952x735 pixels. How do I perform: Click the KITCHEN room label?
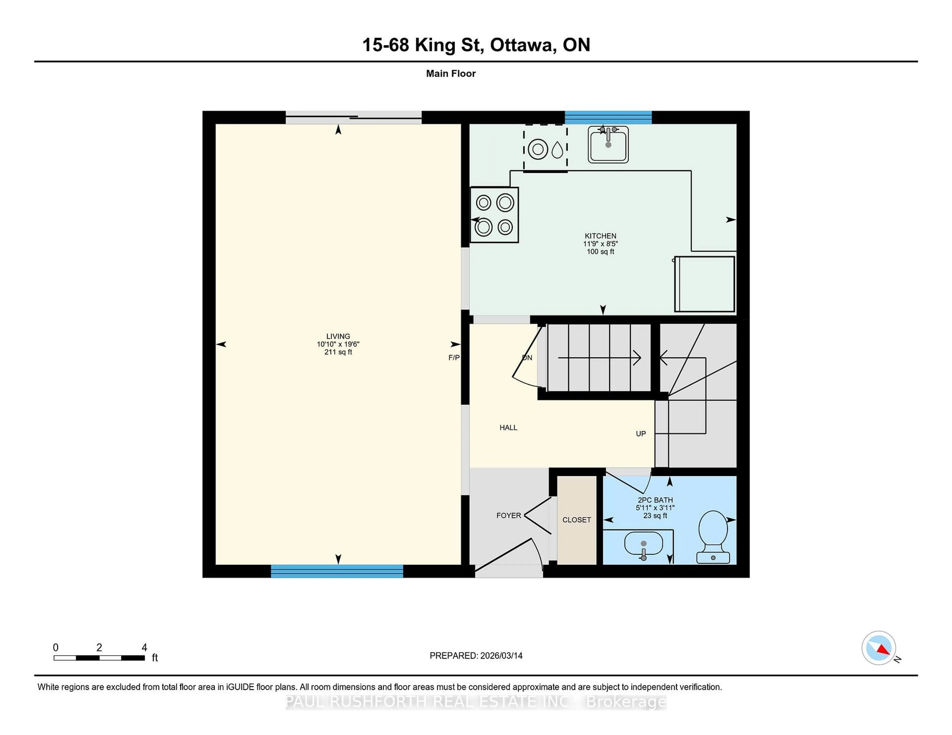(x=600, y=236)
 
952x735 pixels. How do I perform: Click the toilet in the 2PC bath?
(x=713, y=536)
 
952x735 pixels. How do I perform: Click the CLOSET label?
(x=576, y=520)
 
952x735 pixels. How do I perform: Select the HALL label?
(x=508, y=428)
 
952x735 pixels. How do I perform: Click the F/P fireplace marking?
(x=454, y=358)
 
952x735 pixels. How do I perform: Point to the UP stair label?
(x=640, y=434)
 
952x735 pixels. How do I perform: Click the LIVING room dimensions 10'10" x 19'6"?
(x=338, y=344)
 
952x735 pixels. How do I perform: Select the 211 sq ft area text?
(x=338, y=352)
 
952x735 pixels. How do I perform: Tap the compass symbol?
(x=878, y=648)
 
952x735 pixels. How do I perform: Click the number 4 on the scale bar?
(x=144, y=648)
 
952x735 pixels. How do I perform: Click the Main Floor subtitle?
(x=451, y=74)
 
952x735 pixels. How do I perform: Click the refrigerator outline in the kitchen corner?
(x=704, y=284)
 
